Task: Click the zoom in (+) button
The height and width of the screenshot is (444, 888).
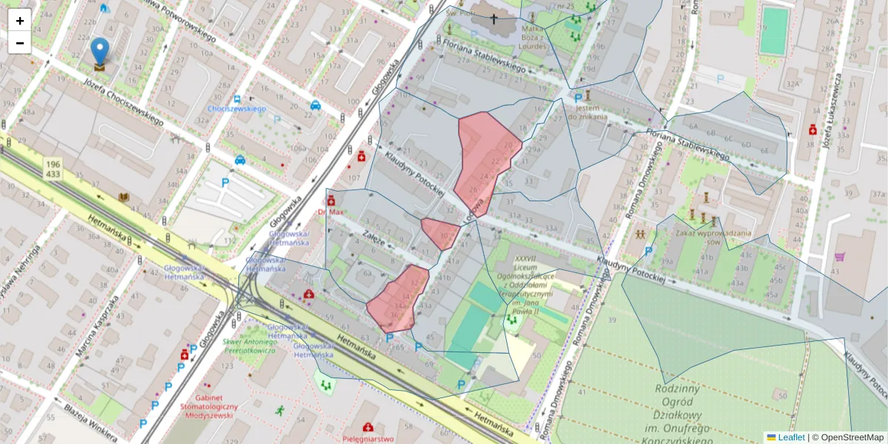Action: click(20, 20)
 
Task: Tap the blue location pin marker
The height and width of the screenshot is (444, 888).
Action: click(99, 53)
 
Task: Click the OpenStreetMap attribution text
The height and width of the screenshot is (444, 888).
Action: click(852, 437)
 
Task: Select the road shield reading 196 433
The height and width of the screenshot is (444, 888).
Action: click(52, 168)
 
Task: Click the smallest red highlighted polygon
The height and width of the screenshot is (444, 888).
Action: click(441, 233)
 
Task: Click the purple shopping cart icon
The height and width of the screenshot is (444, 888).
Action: click(839, 257)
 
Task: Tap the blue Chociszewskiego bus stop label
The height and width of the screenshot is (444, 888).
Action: click(236, 109)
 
